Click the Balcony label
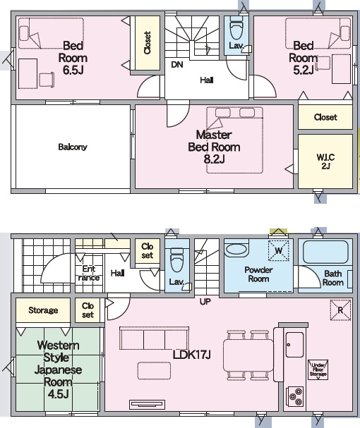73,147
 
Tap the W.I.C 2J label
325,161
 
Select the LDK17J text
191,355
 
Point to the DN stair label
177,65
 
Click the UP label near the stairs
205,302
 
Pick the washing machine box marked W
279,250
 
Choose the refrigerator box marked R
340,310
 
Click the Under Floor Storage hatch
318,370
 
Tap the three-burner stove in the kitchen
295,396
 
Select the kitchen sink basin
294,345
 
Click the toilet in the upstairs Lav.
236,29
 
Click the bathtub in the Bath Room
325,252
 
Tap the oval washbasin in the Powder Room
236,248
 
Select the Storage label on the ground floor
43,310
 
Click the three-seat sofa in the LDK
154,338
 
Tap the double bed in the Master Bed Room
234,140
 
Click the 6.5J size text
73,70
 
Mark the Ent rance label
88,274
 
